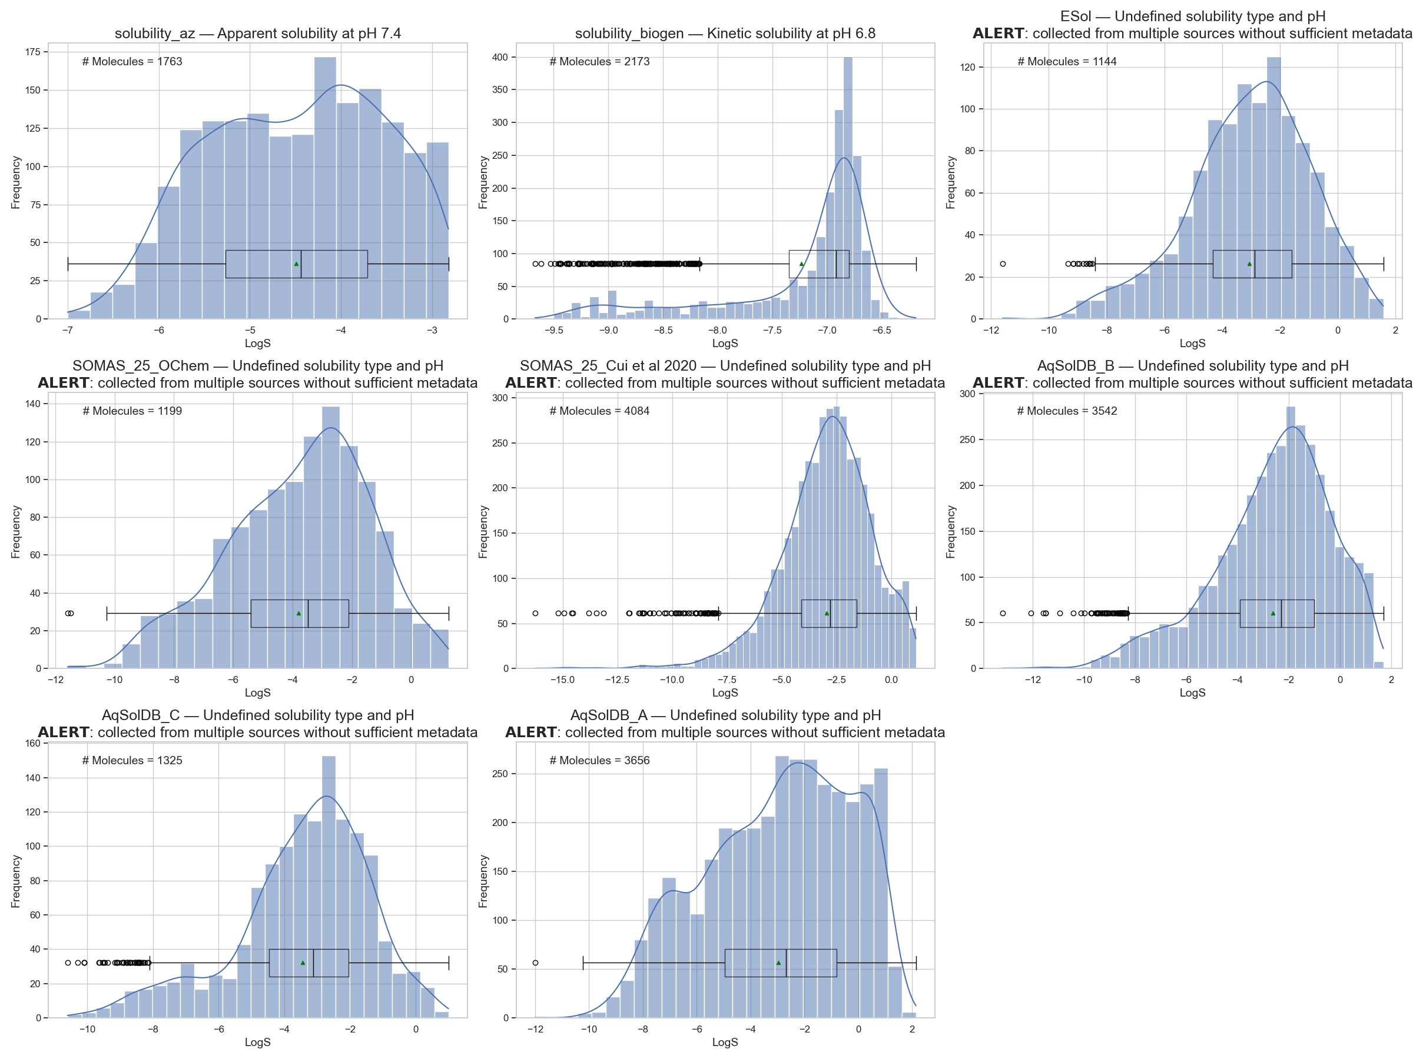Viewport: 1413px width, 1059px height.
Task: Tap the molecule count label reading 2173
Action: tap(599, 61)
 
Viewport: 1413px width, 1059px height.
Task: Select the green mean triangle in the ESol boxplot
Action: tap(1249, 264)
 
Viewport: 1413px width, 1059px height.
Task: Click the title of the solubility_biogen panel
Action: tap(725, 33)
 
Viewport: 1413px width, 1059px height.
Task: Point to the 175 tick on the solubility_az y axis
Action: tap(32, 52)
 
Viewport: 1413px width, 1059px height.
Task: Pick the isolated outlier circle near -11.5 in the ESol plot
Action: tap(1003, 264)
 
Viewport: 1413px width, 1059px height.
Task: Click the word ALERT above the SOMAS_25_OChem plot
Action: tap(63, 382)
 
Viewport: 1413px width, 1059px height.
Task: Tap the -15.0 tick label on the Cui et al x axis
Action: tap(562, 680)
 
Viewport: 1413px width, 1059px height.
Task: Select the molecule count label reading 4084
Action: tap(599, 411)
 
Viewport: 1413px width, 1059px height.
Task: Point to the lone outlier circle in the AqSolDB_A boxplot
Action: tap(535, 963)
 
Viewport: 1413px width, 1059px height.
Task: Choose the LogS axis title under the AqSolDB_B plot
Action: tap(1192, 692)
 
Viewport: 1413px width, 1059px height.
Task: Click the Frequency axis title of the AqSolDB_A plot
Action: tap(483, 881)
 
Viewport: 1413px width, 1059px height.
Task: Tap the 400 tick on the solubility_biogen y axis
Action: tap(499, 58)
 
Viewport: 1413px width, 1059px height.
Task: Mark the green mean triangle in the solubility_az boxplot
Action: tap(296, 264)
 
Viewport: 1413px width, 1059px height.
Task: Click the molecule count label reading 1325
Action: tap(132, 760)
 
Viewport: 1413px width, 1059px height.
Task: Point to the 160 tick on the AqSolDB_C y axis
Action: tap(32, 743)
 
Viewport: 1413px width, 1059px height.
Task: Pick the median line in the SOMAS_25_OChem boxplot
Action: tap(308, 614)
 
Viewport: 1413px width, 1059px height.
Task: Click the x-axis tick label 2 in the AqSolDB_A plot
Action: tap(912, 1029)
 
